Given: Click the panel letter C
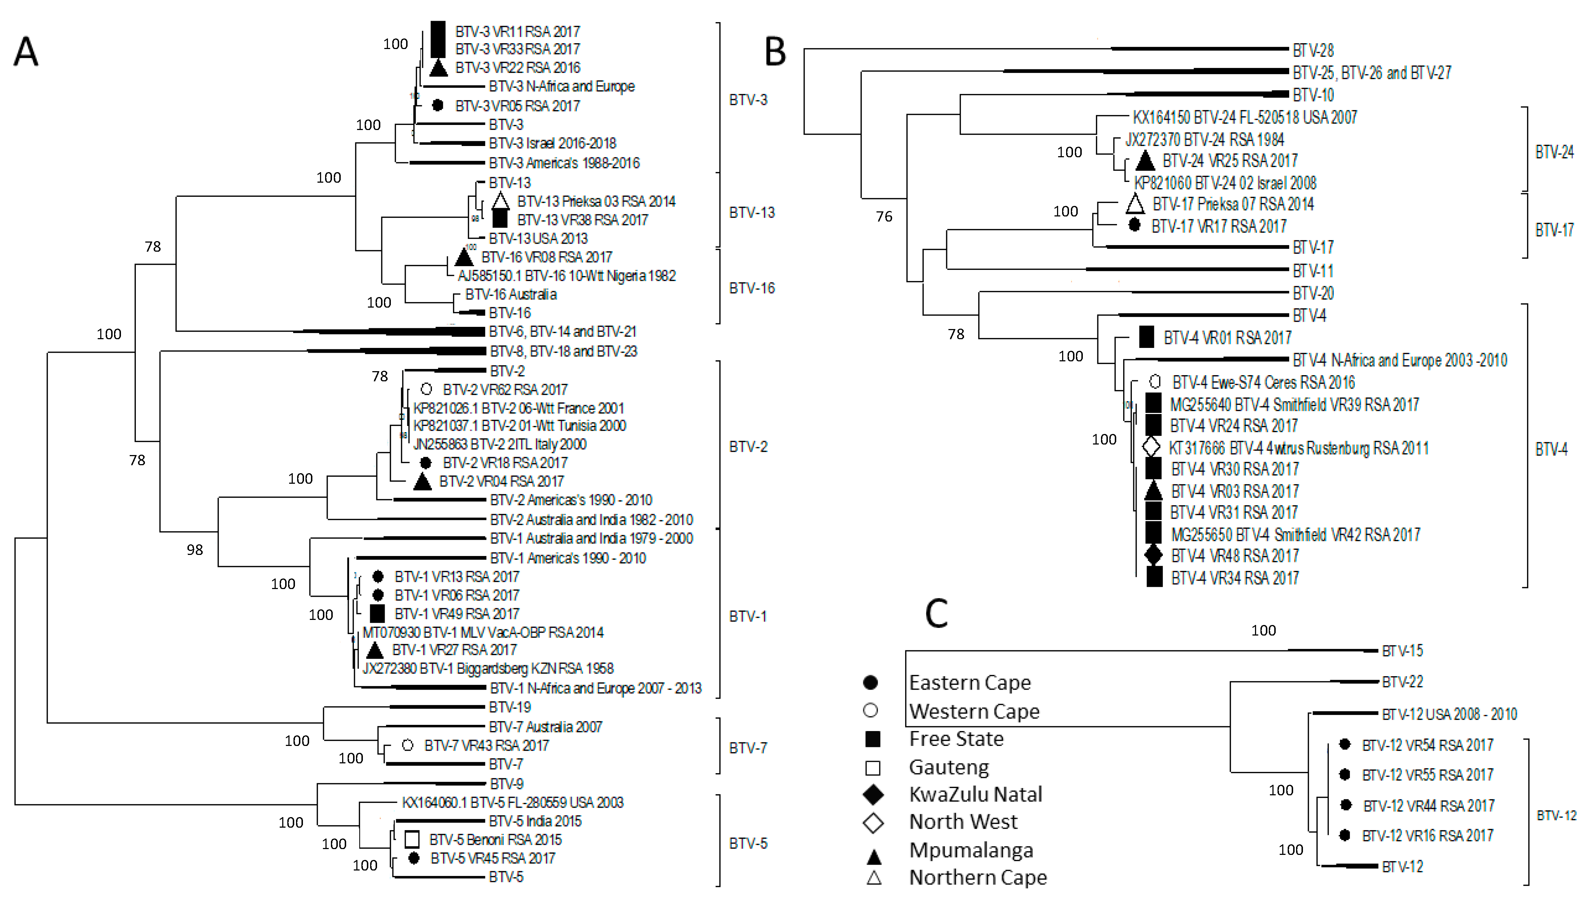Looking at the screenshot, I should (x=936, y=613).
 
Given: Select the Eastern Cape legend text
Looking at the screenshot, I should (x=970, y=682).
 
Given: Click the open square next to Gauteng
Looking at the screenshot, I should (x=873, y=768).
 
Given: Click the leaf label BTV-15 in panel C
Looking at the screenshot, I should (x=1402, y=650).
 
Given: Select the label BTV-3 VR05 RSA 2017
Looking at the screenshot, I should (x=517, y=106).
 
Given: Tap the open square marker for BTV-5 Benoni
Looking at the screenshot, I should (x=412, y=840).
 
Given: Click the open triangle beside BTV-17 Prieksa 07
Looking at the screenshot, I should (x=1134, y=204).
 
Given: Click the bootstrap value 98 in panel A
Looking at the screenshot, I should (x=195, y=549).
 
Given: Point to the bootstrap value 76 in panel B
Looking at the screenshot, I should (x=884, y=216).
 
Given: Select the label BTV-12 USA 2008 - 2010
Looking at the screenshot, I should (x=1449, y=714).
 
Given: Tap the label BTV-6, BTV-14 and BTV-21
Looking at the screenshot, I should (x=563, y=332).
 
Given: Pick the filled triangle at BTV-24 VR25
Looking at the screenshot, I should (x=1145, y=161).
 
